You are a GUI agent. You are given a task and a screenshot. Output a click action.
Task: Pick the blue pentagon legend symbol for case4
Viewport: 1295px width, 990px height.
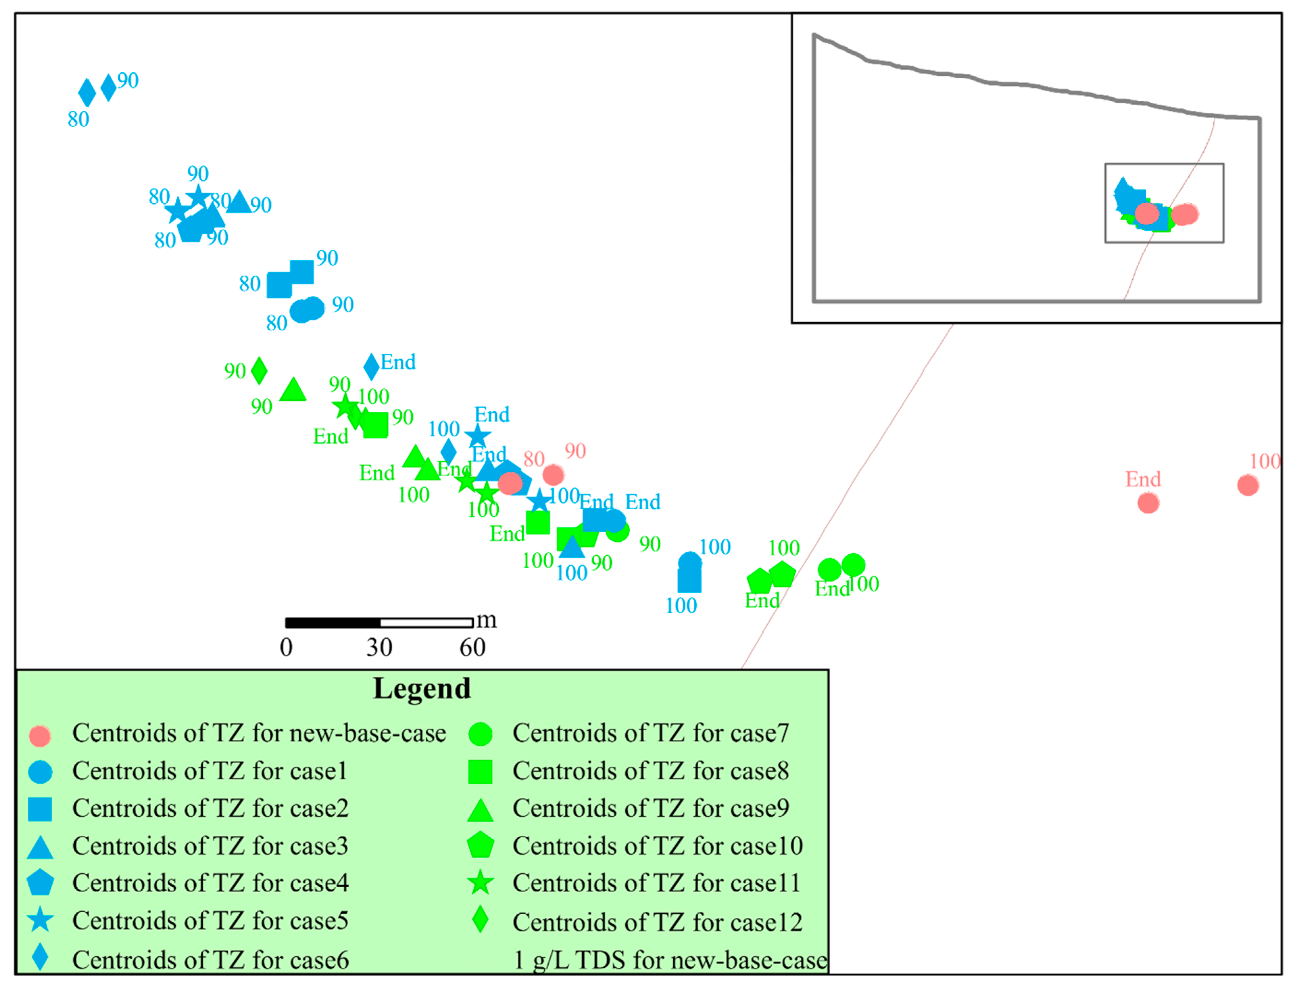40,883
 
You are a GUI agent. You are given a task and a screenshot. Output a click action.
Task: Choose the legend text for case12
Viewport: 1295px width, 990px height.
657,922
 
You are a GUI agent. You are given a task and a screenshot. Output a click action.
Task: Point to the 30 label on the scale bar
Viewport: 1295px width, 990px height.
379,648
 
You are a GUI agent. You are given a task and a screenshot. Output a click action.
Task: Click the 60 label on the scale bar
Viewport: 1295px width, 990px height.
472,648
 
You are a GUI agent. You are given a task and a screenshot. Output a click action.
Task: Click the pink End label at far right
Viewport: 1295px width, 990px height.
1142,479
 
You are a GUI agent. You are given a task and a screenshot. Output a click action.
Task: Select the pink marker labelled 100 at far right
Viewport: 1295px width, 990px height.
1247,485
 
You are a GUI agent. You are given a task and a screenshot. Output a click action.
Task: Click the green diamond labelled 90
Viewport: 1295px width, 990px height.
259,371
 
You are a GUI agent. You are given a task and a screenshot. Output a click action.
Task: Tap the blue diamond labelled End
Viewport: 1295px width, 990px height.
371,366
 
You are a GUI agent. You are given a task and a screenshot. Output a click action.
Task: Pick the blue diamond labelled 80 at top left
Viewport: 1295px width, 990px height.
86,93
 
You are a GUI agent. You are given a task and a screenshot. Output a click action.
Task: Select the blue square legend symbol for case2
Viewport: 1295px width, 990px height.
40,809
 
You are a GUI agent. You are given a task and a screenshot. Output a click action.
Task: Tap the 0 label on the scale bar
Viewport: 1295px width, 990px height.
286,648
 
